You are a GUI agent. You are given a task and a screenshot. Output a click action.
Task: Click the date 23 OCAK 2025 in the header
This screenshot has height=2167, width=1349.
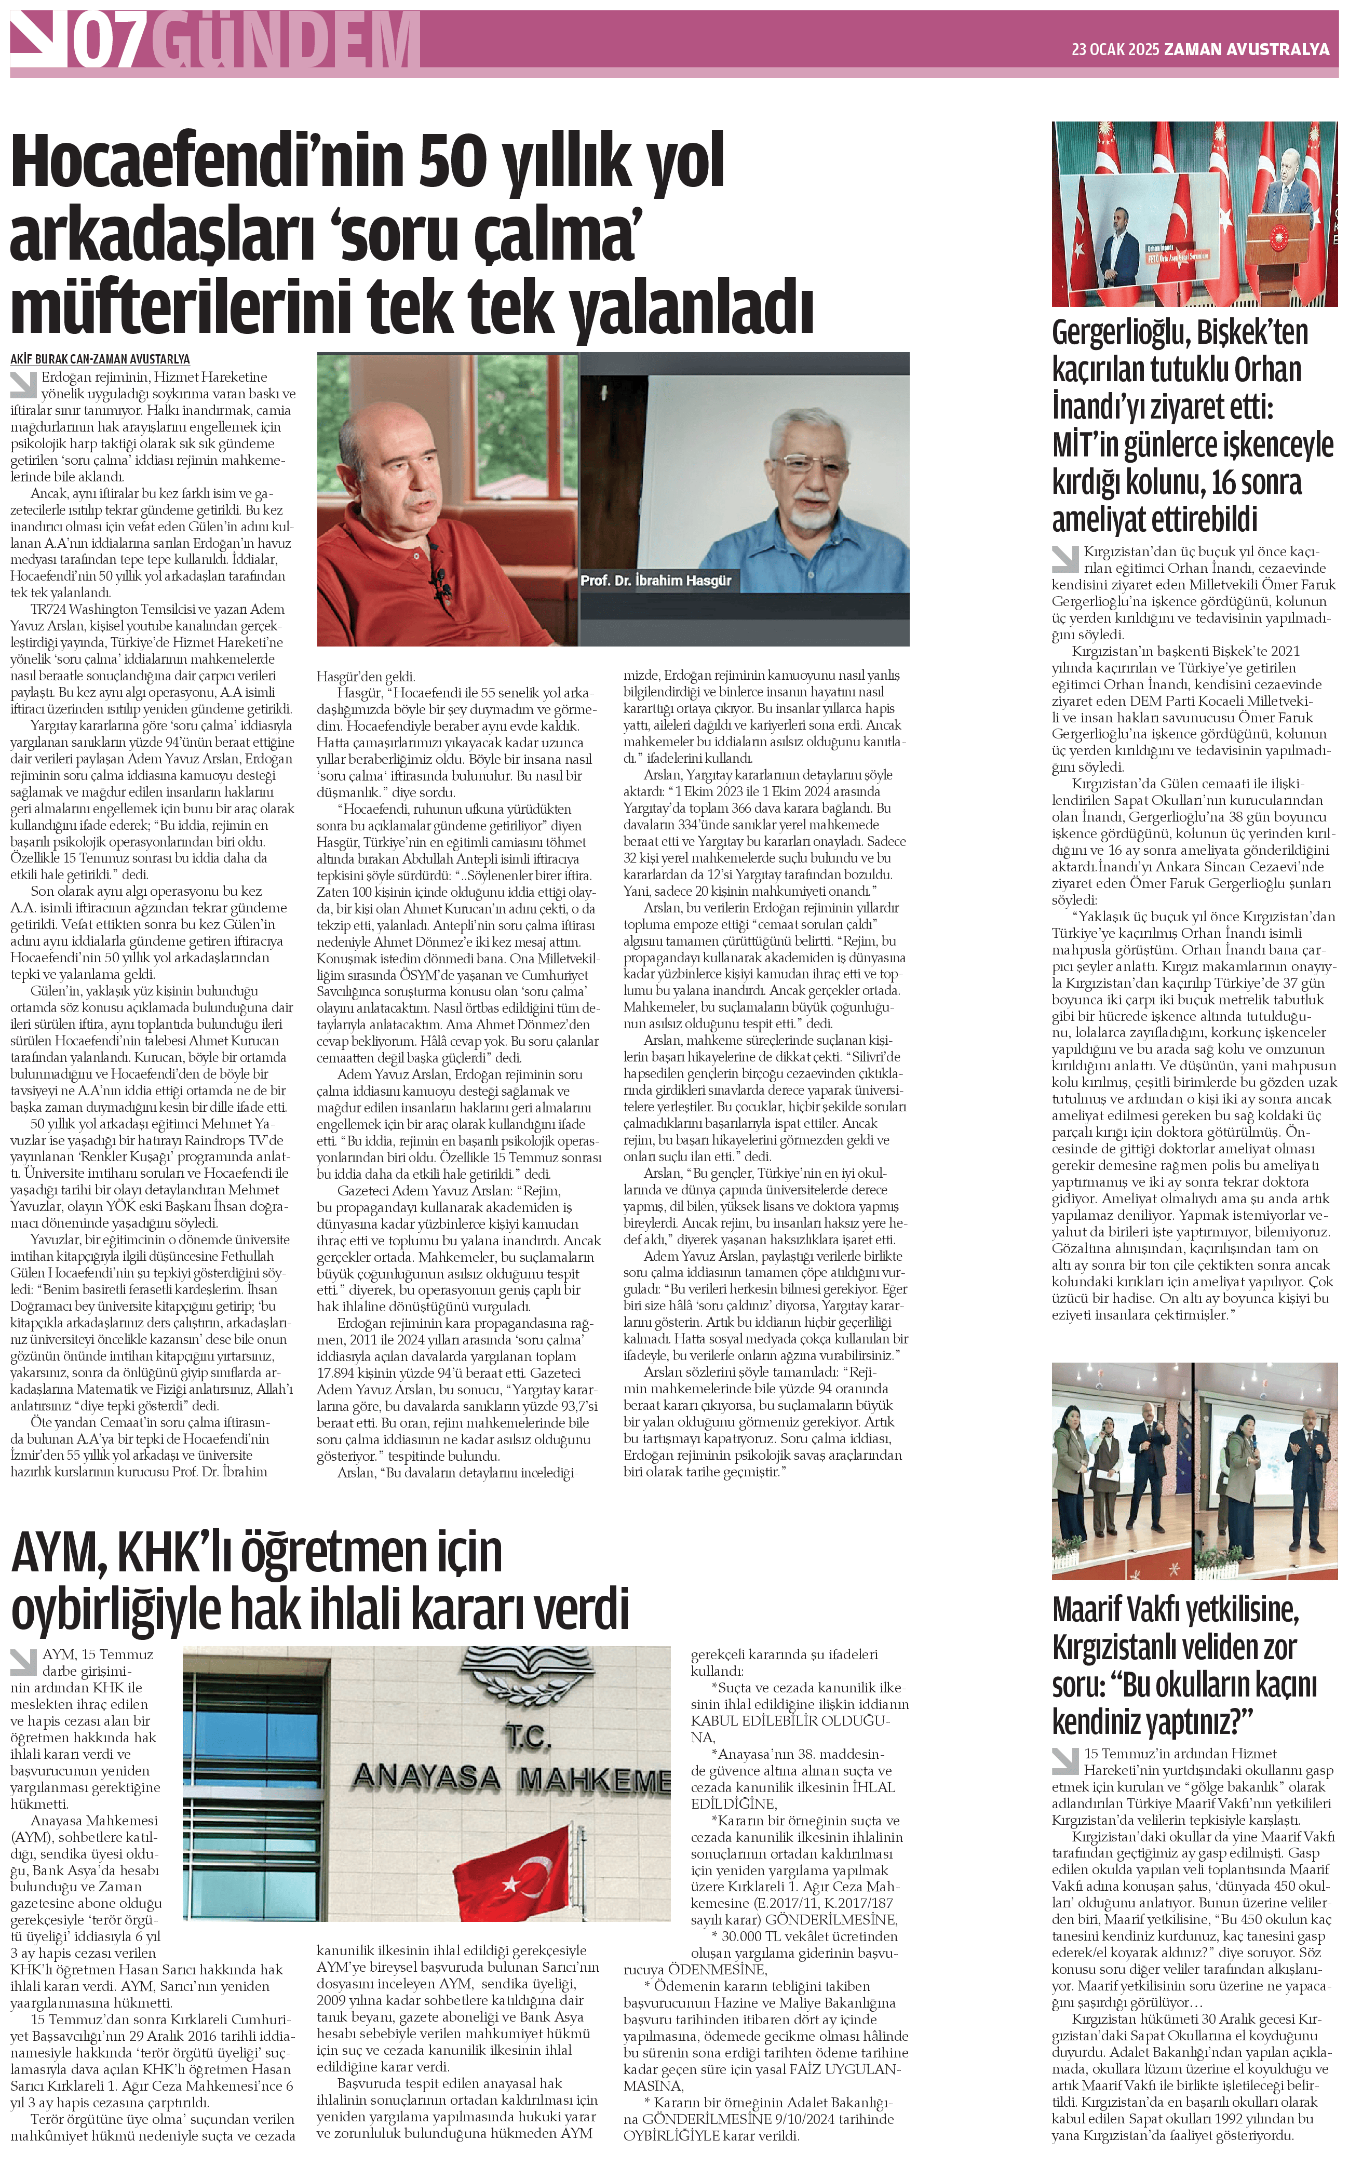(1115, 50)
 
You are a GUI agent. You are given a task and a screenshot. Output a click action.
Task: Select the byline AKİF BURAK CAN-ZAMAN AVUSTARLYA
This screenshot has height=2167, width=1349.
(100, 359)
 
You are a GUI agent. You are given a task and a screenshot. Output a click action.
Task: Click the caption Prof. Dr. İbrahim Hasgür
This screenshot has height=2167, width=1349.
(656, 581)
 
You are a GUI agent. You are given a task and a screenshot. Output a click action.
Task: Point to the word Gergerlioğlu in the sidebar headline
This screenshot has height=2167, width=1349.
(1117, 333)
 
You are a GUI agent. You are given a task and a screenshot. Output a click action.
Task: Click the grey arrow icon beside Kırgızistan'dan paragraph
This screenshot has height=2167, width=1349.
(1065, 558)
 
